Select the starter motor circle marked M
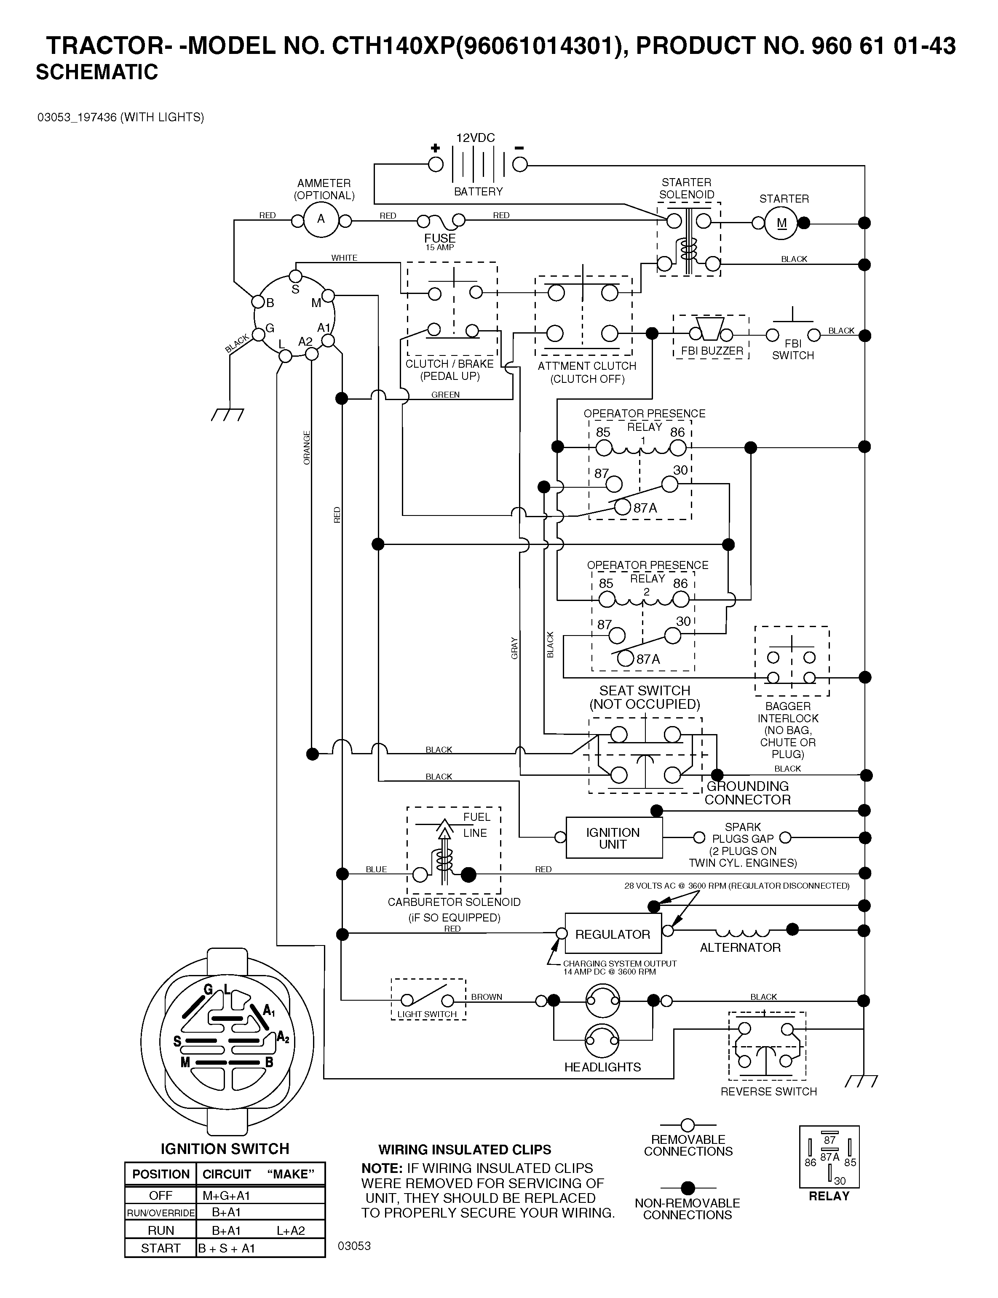781,223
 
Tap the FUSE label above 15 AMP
439,238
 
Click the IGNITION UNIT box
614,838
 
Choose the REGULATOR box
613,934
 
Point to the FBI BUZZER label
712,351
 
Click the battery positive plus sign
436,148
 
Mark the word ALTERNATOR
740,948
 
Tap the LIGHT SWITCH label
427,1014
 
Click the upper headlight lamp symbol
602,1001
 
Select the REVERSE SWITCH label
769,1091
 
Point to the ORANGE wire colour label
307,448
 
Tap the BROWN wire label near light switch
487,997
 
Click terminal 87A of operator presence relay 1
622,507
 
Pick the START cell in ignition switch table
161,1248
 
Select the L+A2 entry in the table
291,1230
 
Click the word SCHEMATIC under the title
97,72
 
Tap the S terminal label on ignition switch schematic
295,289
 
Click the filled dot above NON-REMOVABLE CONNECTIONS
688,1188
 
